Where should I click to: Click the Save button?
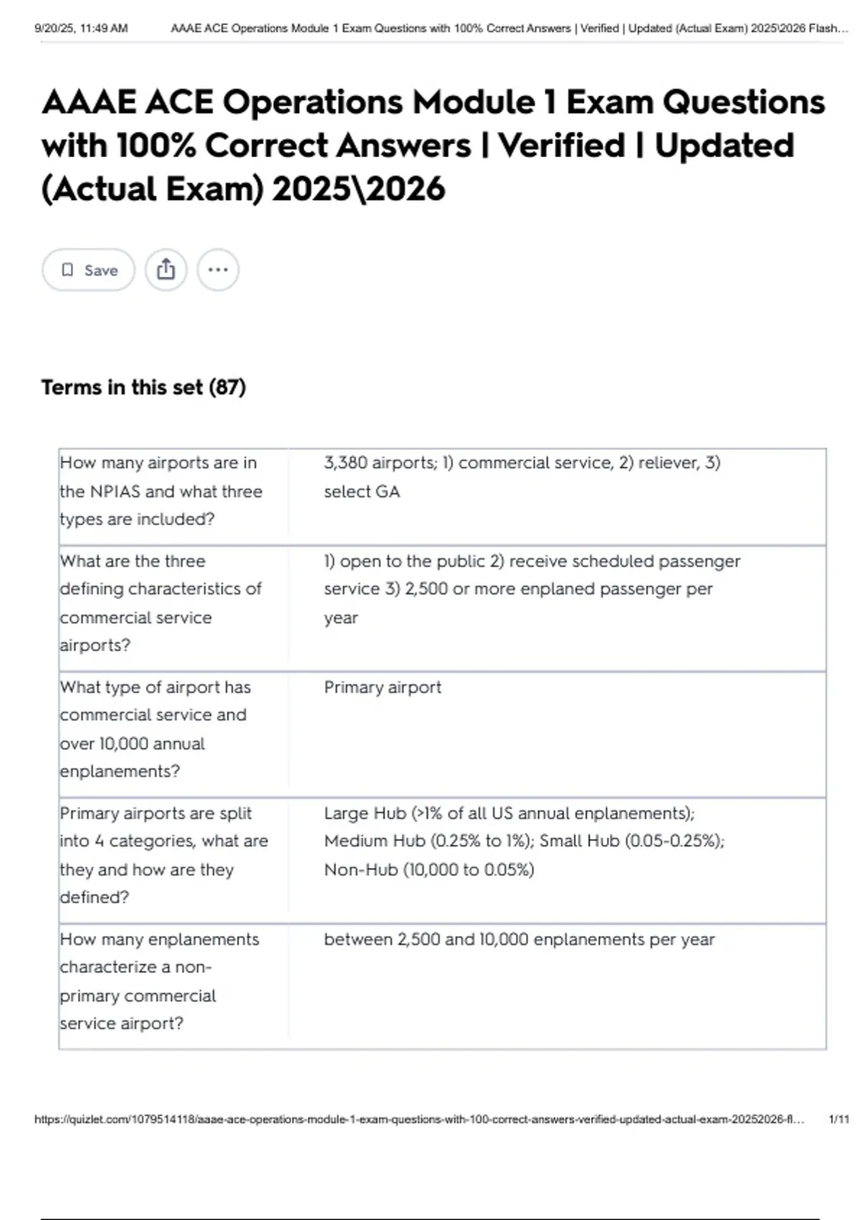[88, 270]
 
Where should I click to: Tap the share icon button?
[166, 270]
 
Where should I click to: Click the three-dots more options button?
[218, 270]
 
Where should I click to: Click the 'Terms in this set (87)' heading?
[143, 388]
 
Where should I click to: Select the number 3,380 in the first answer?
[345, 463]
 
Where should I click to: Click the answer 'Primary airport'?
[382, 688]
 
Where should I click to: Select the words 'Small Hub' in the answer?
[579, 841]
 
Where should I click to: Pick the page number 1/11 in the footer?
[838, 1120]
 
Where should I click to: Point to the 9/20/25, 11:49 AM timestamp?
[81, 29]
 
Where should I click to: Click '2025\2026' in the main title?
[358, 189]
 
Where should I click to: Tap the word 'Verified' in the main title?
[561, 146]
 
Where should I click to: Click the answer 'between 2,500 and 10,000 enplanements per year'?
[519, 939]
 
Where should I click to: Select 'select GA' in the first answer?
[362, 492]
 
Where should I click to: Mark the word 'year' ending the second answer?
[341, 618]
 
